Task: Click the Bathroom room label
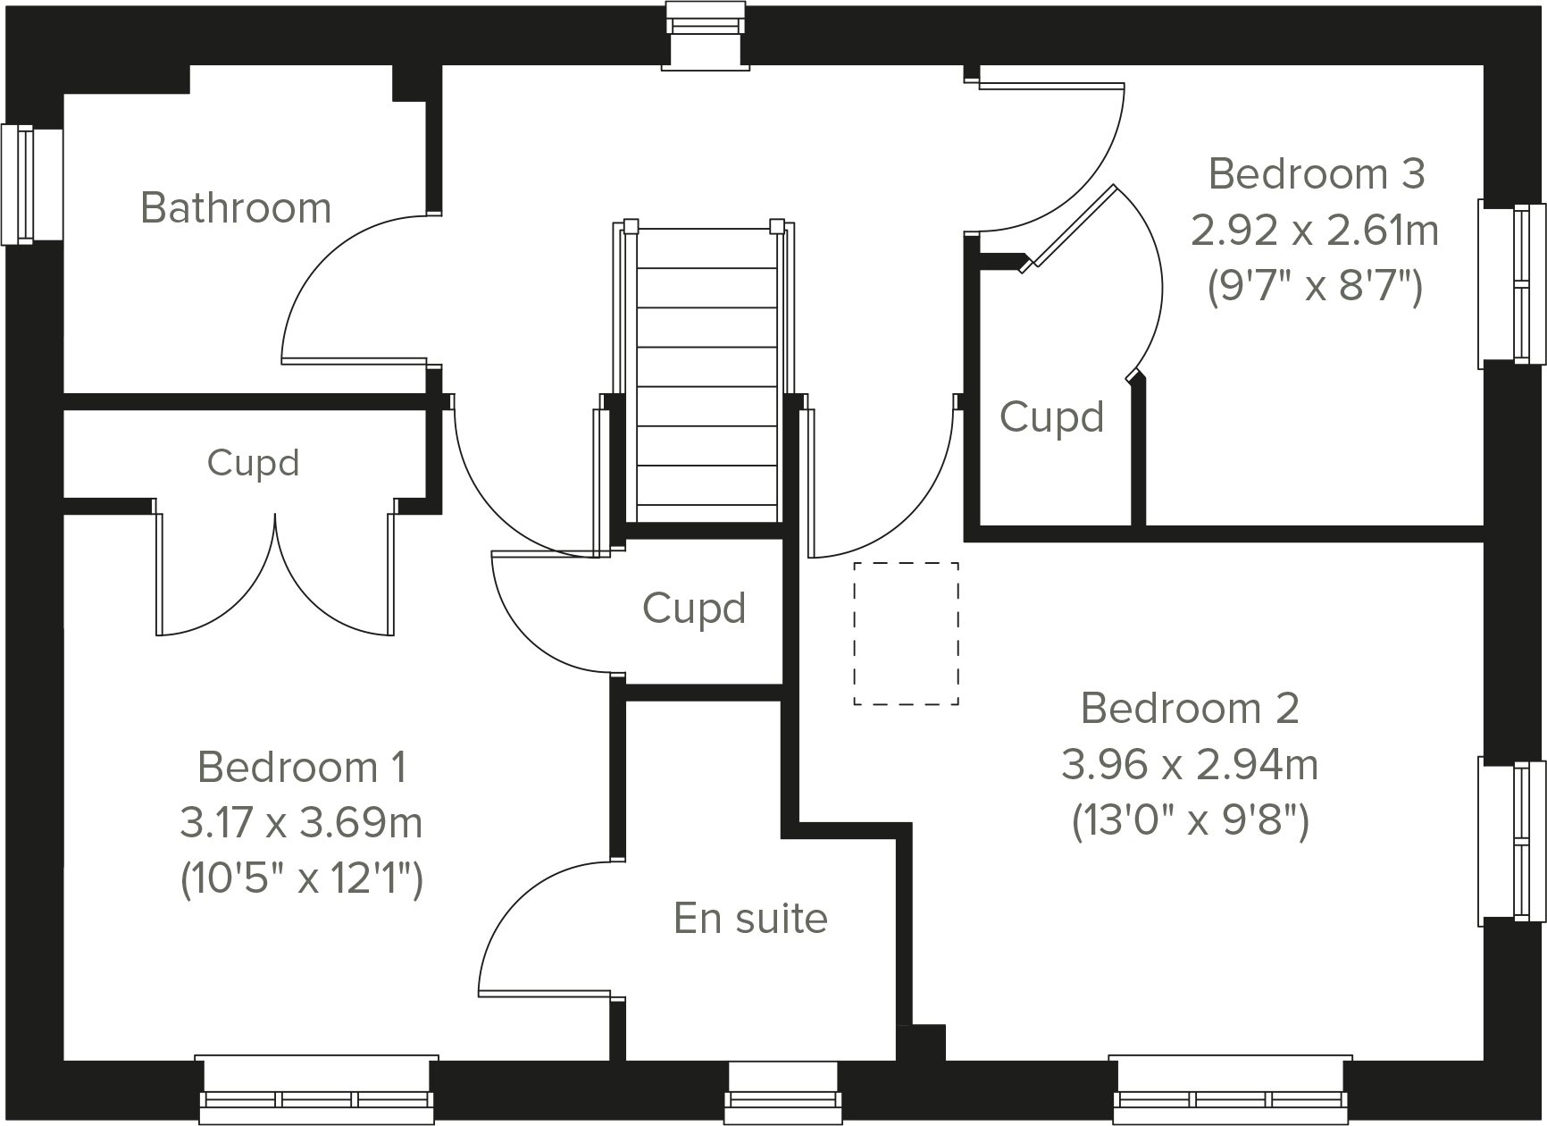pos(236,208)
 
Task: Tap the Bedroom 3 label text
pos(1316,174)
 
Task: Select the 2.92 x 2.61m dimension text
pos(1315,231)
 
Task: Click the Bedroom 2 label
pos(1190,709)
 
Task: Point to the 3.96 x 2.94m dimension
pos(1190,766)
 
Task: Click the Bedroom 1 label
pos(302,768)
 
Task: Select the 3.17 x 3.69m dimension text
pos(302,824)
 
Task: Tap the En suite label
pos(750,919)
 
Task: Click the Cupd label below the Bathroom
pos(253,463)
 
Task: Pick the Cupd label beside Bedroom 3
pos(1051,417)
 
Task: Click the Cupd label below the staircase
pos(694,609)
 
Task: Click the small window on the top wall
pos(706,34)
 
